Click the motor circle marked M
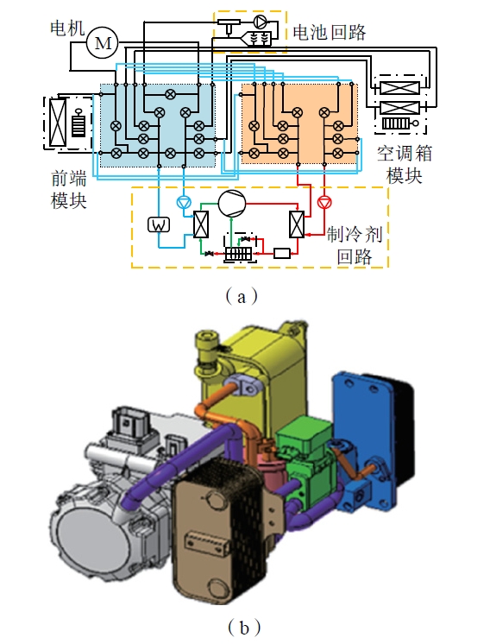coord(102,42)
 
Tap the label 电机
coord(67,28)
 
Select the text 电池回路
coord(330,32)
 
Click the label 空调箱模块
coord(405,165)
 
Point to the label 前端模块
coord(69,190)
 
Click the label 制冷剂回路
coord(355,245)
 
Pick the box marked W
coord(159,224)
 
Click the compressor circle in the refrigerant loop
coord(232,204)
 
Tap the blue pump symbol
coord(183,202)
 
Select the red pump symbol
coord(324,202)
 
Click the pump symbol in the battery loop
coord(261,21)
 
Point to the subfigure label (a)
coord(242,296)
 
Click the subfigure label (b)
coord(244,627)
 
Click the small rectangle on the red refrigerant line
coord(282,254)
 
